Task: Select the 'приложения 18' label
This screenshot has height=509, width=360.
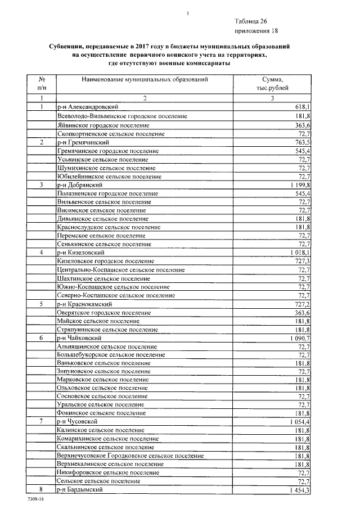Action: tap(256, 31)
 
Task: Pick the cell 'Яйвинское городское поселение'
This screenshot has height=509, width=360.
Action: tap(100, 125)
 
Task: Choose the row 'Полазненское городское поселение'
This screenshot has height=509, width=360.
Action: tap(107, 193)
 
